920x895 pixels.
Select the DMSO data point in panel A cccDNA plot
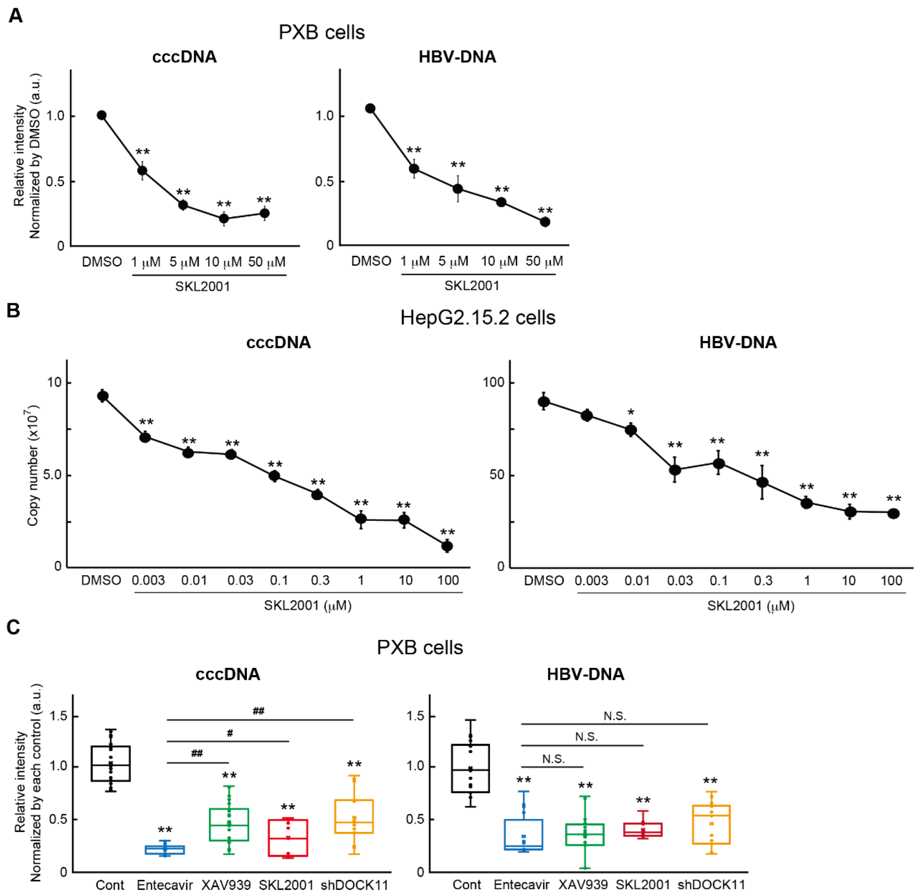click(102, 116)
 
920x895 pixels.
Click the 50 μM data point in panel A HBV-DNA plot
click(545, 222)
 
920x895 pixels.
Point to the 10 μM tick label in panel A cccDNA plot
click(223, 262)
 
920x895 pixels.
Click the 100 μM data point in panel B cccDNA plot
click(447, 546)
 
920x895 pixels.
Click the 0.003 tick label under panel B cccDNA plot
click(148, 581)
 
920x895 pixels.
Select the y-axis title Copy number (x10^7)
click(33, 465)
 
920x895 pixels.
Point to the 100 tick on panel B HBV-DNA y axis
click(493, 382)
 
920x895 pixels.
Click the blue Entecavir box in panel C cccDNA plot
click(164, 849)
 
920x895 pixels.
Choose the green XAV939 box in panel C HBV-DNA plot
click(585, 834)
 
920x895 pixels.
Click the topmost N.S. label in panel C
click(614, 716)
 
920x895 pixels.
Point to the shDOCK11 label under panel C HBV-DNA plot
click(711, 885)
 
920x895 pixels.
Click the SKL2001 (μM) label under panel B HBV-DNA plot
click(751, 606)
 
